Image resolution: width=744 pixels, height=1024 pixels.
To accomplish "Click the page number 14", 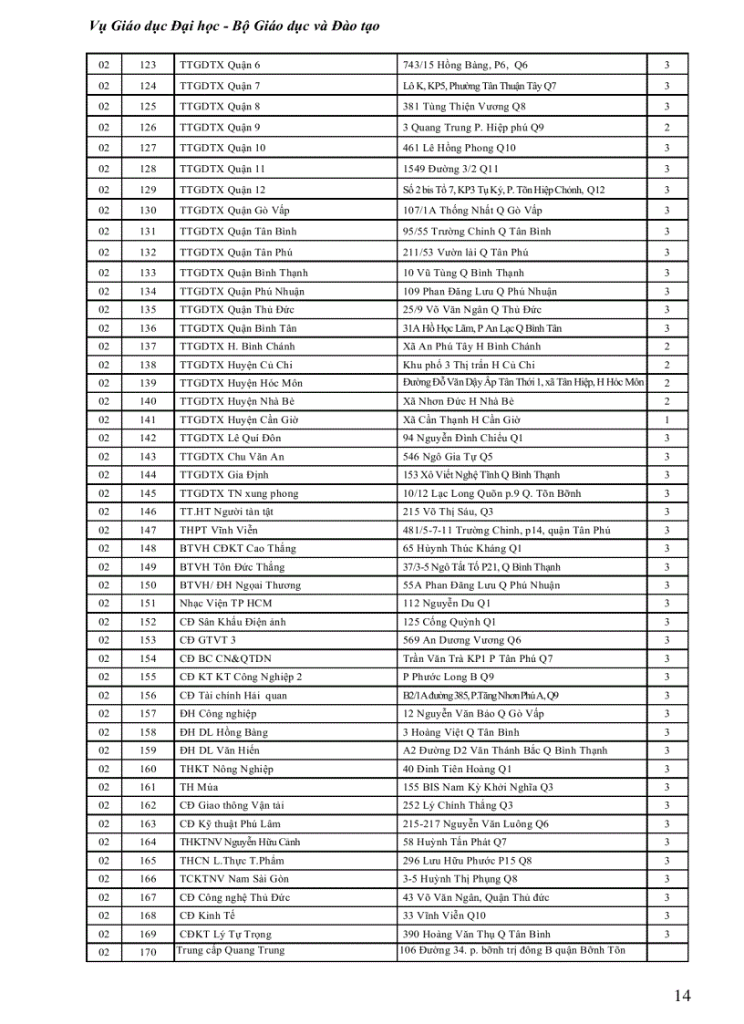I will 682,995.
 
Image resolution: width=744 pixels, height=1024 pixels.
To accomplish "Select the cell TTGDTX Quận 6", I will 220,65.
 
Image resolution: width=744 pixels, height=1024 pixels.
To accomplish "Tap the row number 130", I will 148,211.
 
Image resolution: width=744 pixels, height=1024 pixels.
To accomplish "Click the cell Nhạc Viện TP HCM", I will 225,604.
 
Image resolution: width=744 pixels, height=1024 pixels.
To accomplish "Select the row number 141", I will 148,420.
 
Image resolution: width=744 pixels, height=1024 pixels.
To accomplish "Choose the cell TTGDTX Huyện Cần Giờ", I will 239,420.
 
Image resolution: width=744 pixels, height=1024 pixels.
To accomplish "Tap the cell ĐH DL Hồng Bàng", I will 223,732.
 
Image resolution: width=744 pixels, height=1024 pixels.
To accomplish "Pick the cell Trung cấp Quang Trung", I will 230,950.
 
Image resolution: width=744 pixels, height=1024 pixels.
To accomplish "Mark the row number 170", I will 148,952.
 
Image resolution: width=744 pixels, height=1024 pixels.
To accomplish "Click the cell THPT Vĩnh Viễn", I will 219,531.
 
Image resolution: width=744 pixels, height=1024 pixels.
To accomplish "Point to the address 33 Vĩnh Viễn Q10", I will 444,915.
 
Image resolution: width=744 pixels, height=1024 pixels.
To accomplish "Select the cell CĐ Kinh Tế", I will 207,915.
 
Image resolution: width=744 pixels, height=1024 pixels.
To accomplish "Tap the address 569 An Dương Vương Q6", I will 462,640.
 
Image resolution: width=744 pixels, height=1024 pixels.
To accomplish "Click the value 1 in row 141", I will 666,420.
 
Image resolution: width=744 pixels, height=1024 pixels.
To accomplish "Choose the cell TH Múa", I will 199,787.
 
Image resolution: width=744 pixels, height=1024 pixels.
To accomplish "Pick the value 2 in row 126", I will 666,128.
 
